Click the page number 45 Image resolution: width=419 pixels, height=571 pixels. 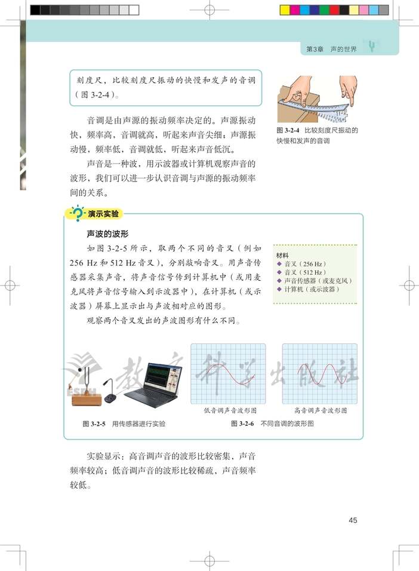[353, 520]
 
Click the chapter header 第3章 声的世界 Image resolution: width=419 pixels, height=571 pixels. [331, 49]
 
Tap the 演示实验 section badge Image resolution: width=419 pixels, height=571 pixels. [103, 213]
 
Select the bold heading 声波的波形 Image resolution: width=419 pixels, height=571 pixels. [108, 233]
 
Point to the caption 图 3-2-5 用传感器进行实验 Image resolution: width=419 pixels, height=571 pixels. [124, 423]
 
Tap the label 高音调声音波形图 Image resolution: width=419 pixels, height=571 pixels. [321, 411]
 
